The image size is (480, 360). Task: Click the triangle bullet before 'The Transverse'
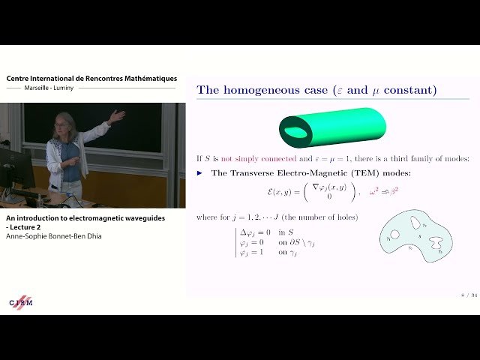pyautogui.click(x=200, y=172)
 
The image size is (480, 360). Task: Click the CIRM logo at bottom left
pyautogui.click(x=20, y=301)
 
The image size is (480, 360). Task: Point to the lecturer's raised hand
pyautogui.click(x=116, y=115)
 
